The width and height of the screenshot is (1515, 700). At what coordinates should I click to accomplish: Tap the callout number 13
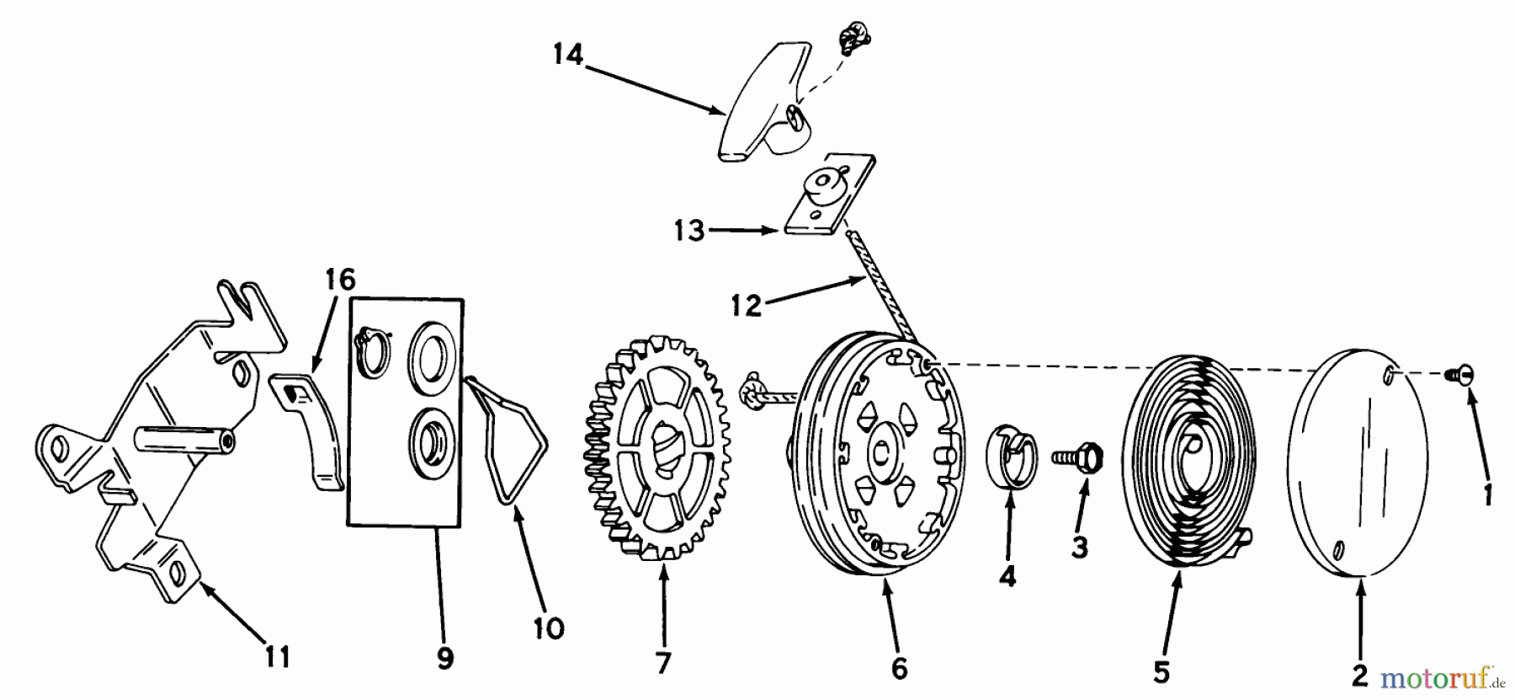point(688,229)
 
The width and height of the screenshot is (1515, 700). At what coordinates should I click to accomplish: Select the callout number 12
point(746,304)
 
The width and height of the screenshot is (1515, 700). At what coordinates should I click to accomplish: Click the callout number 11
point(277,655)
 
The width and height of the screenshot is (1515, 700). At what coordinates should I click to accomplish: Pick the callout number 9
point(445,658)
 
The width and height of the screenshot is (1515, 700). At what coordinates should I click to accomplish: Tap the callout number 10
point(548,628)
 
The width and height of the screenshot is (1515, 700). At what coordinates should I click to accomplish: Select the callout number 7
point(663,664)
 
